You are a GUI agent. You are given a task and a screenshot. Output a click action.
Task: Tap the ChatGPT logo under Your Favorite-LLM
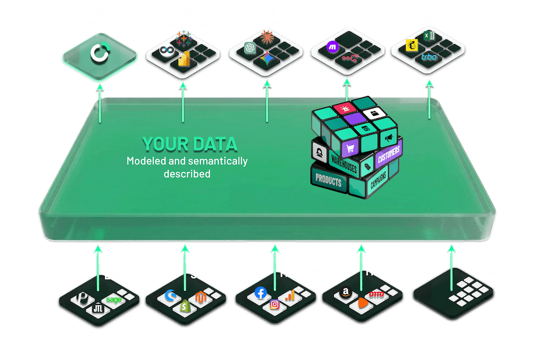250,48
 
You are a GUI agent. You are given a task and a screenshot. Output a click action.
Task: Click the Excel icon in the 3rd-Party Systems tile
429,36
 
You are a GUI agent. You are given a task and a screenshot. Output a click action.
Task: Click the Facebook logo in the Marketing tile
261,293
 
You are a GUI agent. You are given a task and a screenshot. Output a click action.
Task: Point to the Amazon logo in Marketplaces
345,293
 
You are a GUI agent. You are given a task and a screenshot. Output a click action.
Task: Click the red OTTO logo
376,296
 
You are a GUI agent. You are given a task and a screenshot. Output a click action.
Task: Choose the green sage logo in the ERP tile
114,299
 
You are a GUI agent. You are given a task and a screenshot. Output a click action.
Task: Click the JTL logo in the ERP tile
98,308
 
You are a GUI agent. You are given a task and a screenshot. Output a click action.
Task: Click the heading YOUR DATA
189,144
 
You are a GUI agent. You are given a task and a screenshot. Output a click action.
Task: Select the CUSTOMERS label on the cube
389,155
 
